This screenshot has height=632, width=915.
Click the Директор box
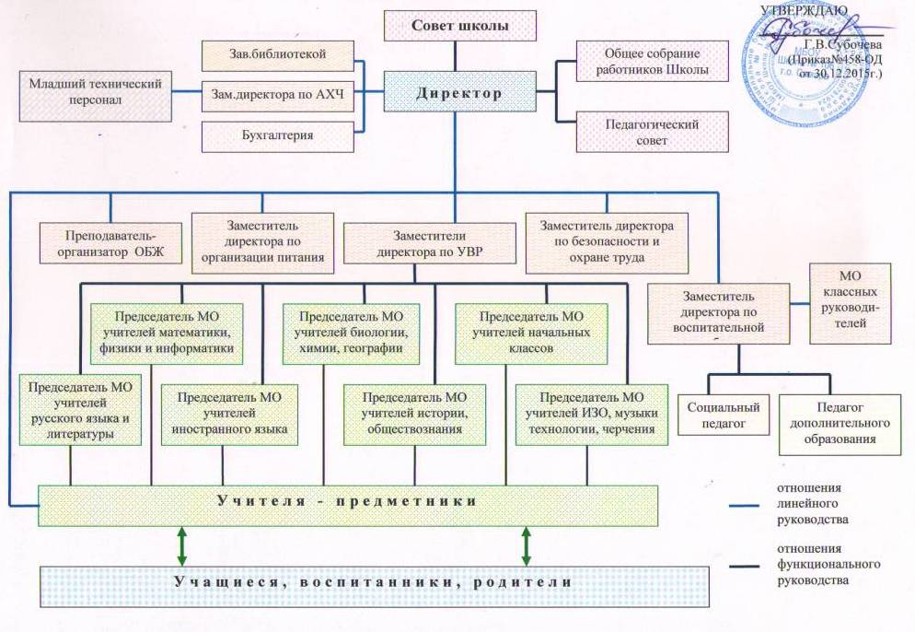point(457,92)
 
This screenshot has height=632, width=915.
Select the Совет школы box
point(459,26)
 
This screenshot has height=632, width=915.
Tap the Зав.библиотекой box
point(277,54)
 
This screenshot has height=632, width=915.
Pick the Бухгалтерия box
point(277,135)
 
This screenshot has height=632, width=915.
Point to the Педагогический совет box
point(638,132)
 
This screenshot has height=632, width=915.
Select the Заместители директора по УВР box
point(429,242)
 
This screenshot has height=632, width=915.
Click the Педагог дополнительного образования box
point(839,423)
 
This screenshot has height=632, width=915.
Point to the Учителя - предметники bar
point(348,503)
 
